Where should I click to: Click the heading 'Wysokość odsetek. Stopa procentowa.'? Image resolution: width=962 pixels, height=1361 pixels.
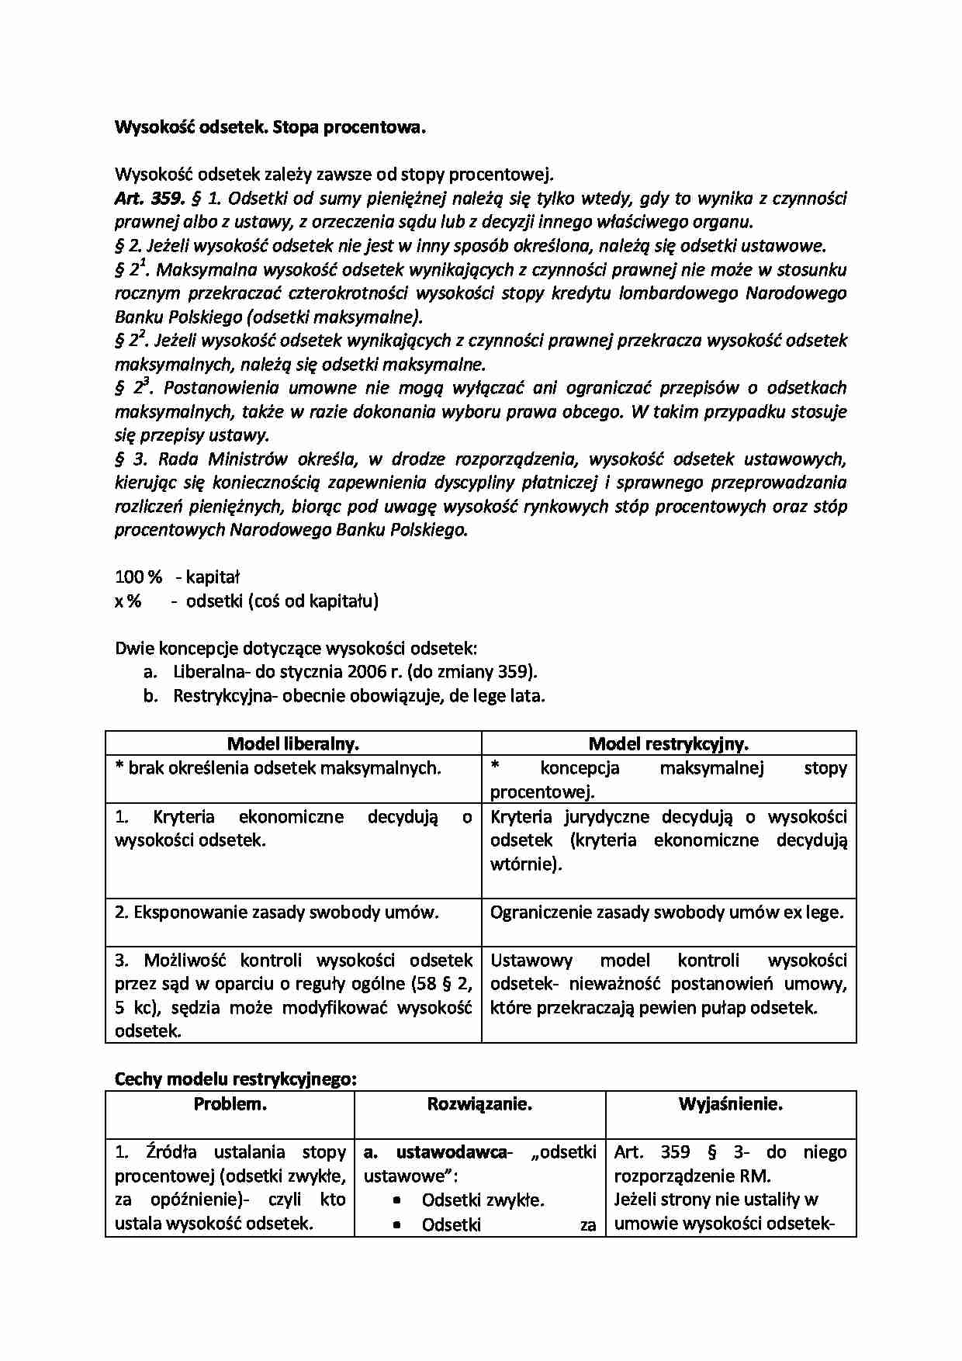tap(270, 127)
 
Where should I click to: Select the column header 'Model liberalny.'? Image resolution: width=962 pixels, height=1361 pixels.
tap(292, 744)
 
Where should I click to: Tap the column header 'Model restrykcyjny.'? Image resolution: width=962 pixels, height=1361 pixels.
tap(668, 744)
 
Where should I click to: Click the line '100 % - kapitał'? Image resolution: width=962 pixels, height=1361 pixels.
tap(177, 577)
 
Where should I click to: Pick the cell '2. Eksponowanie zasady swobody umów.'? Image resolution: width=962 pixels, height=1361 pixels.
tap(277, 913)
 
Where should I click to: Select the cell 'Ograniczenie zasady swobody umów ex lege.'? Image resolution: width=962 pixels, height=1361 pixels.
tap(666, 913)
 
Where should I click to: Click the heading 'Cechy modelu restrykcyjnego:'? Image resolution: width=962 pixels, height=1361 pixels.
tap(236, 1079)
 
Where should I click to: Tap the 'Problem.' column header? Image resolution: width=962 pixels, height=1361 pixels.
tap(230, 1104)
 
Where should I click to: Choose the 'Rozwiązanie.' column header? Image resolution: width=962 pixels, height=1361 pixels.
tap(479, 1104)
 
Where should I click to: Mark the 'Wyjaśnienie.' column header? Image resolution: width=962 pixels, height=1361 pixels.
tap(730, 1104)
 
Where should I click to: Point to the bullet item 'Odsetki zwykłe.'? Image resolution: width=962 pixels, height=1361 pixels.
tap(483, 1200)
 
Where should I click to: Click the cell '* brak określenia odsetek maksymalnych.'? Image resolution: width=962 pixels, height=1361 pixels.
tap(278, 768)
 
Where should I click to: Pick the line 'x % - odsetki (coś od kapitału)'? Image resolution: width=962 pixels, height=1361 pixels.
tap(246, 601)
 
